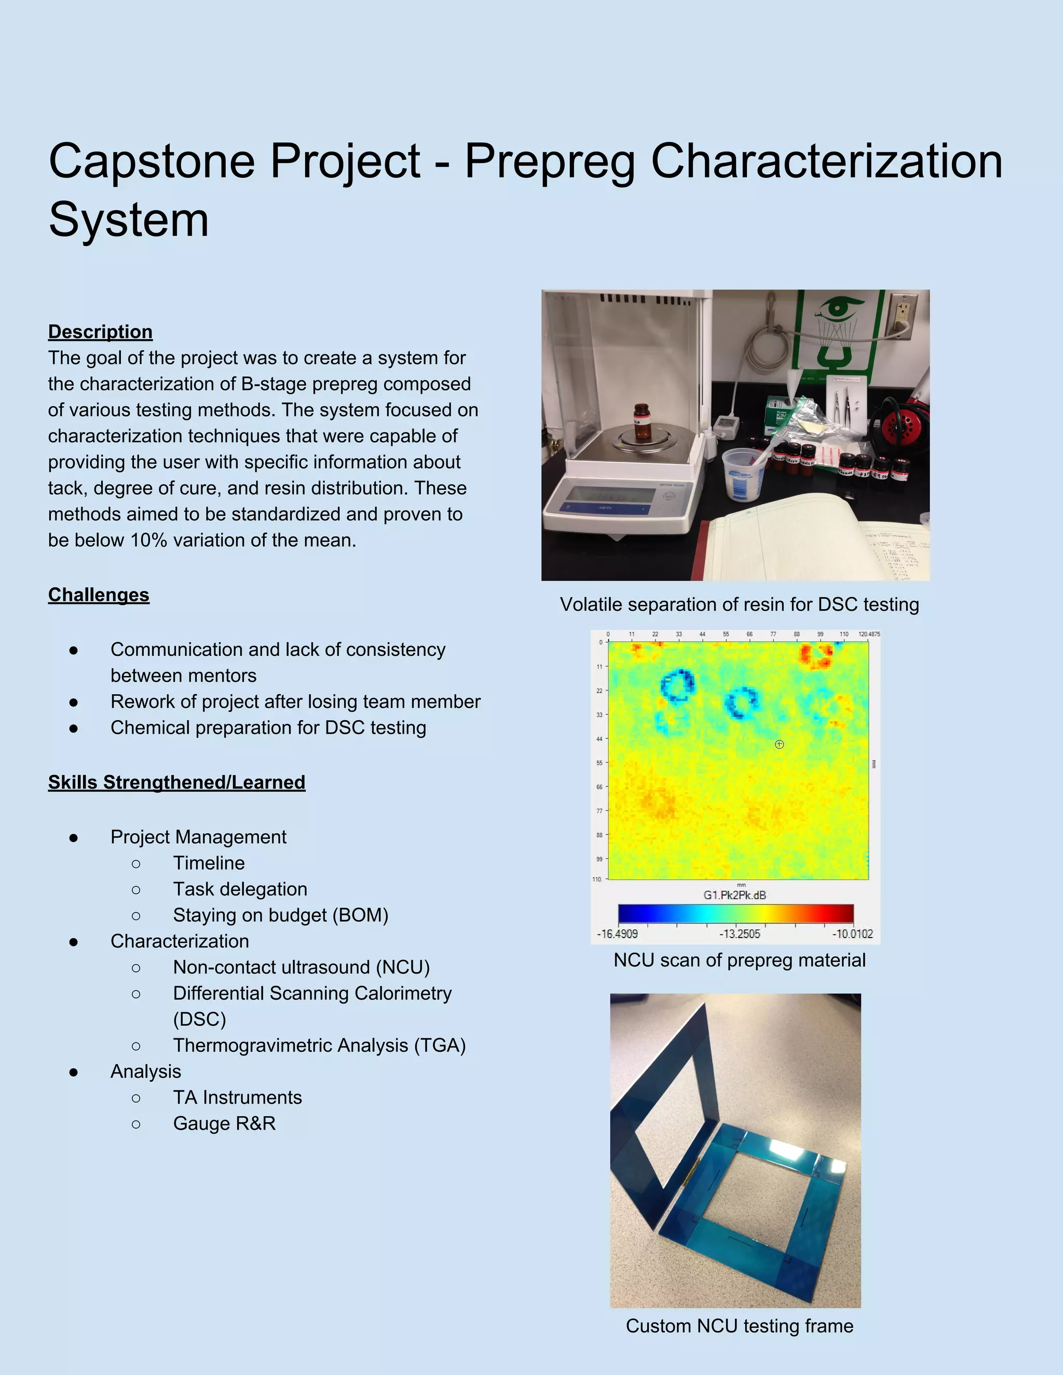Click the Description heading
tap(100, 332)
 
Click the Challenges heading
tap(99, 595)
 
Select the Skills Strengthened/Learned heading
tap(176, 782)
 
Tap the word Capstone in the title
tap(151, 161)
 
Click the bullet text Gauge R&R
tap(224, 1123)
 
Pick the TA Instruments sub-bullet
tap(237, 1097)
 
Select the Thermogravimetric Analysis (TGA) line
tap(319, 1045)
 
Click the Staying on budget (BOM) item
tap(280, 915)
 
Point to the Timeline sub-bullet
tap(209, 862)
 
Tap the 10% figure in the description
tap(148, 540)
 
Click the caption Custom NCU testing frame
tap(739, 1325)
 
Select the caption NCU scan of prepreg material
tap(739, 960)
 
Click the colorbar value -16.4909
tap(617, 933)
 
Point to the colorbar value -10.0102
tap(853, 933)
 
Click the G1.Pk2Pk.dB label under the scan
tap(734, 895)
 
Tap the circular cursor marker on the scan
tap(779, 744)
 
